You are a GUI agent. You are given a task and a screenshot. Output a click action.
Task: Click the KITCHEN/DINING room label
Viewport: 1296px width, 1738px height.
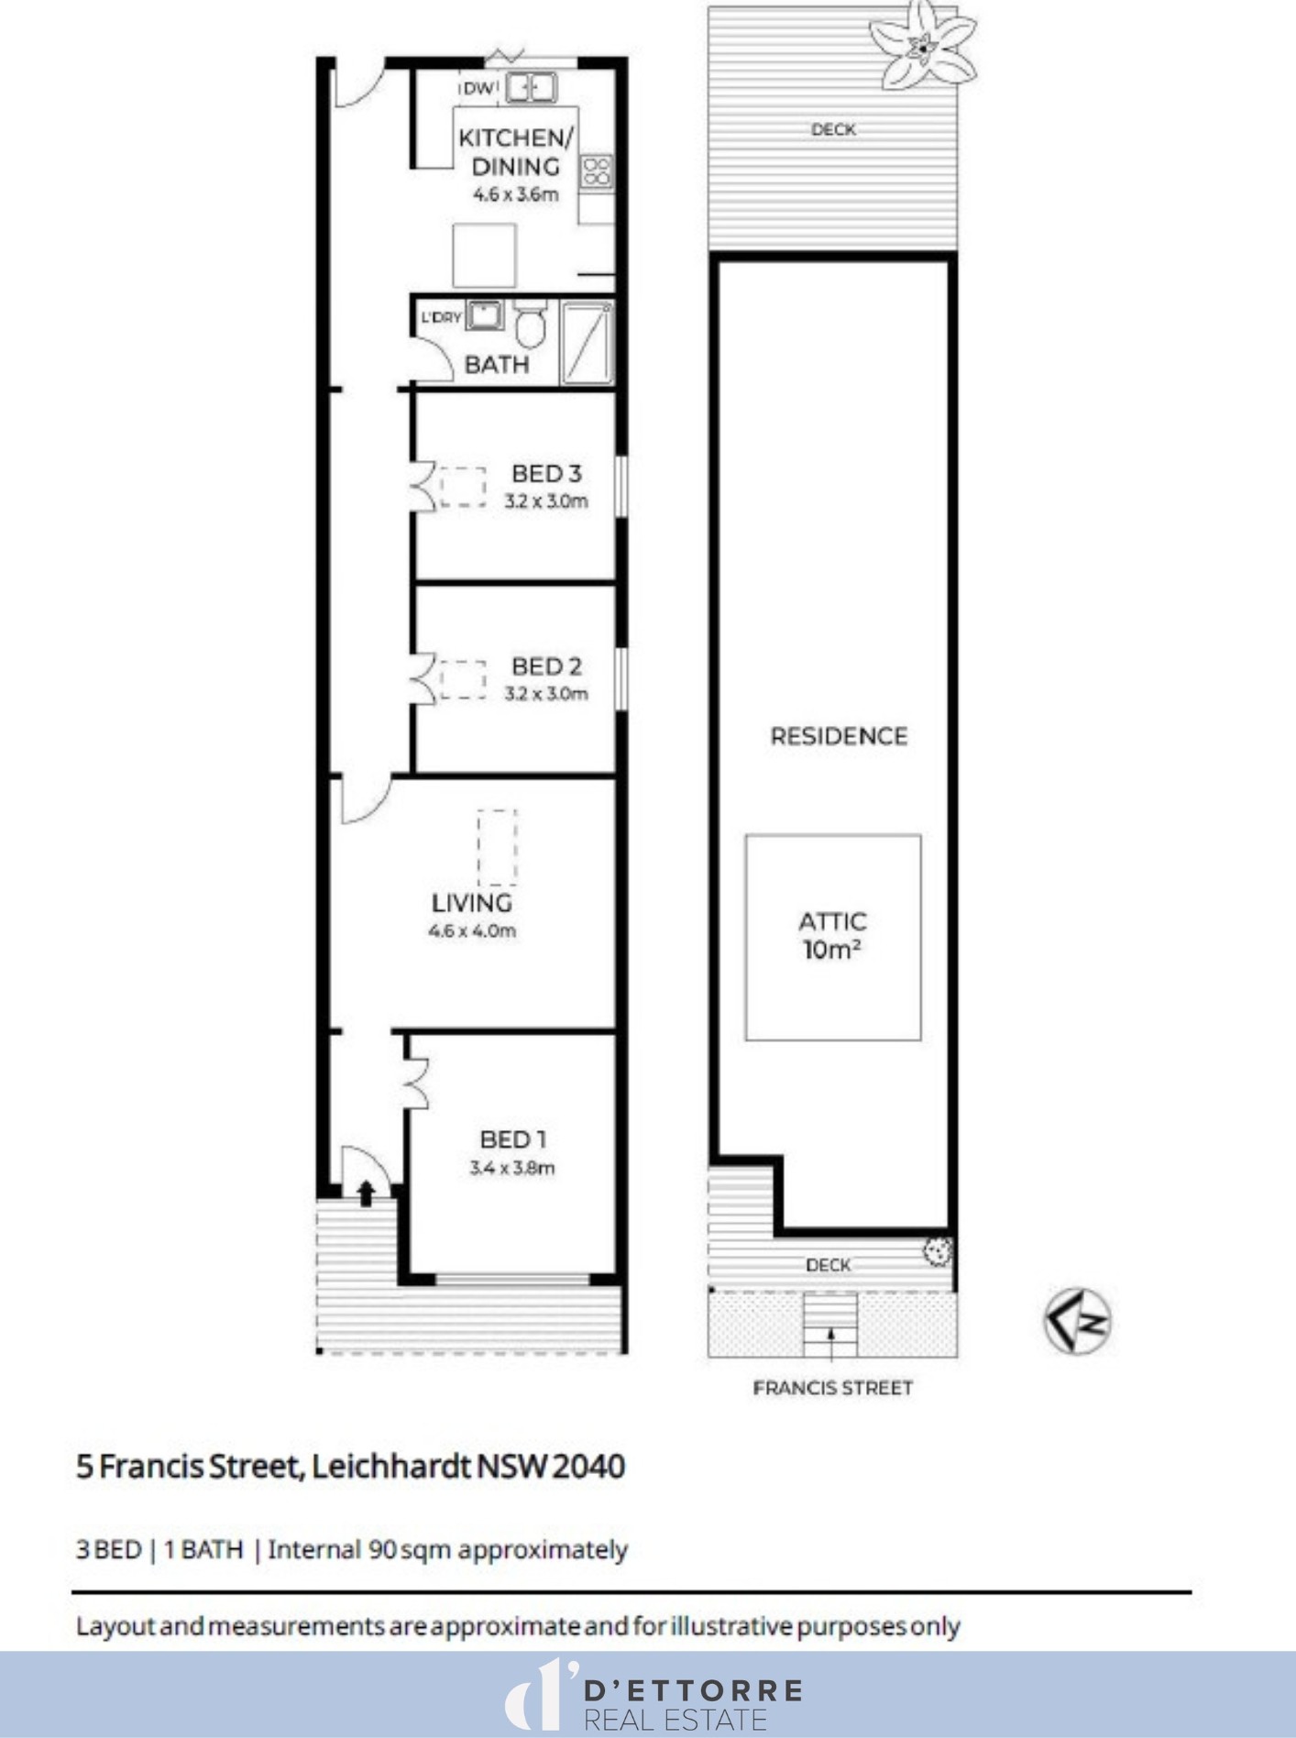(516, 152)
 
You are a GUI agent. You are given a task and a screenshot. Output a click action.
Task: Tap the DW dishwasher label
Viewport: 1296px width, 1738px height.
(478, 88)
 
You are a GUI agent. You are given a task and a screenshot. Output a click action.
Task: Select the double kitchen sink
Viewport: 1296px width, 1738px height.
(531, 87)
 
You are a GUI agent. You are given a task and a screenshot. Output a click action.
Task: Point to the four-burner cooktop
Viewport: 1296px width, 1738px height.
(596, 171)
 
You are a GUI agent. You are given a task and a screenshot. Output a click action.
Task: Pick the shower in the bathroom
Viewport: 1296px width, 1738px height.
(586, 343)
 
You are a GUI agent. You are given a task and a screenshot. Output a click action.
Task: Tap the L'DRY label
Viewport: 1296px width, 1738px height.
(441, 318)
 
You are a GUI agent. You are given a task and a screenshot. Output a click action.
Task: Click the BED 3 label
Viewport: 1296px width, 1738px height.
(546, 474)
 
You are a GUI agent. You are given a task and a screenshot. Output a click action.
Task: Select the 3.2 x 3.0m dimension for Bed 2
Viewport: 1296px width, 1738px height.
(546, 694)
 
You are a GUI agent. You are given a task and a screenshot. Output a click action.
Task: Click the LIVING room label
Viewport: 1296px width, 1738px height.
(472, 903)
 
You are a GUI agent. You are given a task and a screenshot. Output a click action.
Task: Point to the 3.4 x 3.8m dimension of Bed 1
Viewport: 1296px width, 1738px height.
(512, 1168)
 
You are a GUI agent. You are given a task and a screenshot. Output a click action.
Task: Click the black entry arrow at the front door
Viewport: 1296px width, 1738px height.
(366, 1193)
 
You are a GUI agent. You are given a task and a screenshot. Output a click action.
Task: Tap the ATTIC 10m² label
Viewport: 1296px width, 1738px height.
(832, 936)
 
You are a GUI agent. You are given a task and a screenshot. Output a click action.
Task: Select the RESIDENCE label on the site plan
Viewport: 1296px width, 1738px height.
(839, 736)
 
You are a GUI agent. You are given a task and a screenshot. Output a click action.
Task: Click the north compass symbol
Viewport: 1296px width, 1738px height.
(1078, 1321)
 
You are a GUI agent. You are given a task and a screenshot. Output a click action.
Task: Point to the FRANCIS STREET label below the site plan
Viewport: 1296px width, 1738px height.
(833, 1388)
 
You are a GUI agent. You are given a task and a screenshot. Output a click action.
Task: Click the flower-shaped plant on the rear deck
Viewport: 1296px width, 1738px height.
(922, 44)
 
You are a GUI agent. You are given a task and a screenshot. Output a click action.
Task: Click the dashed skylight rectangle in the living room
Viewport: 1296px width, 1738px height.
(497, 847)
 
